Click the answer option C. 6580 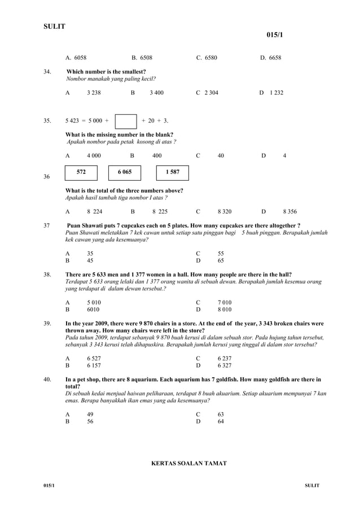pyautogui.click(x=207, y=58)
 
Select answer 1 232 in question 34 pyautogui.click(x=276, y=93)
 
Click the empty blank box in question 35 pyautogui.click(x=126, y=121)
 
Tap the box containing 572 pyautogui.click(x=81, y=172)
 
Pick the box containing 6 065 pyautogui.click(x=125, y=172)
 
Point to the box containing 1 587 pyautogui.click(x=172, y=172)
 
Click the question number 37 pyautogui.click(x=47, y=225)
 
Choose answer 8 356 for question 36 pyautogui.click(x=289, y=212)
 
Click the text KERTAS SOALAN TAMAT pyautogui.click(x=189, y=463)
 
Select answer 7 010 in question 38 pyautogui.click(x=224, y=302)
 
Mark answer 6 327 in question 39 pyautogui.click(x=224, y=365)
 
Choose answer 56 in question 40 pyautogui.click(x=90, y=421)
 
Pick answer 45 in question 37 pyautogui.click(x=90, y=261)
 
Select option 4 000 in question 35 pyautogui.click(x=94, y=155)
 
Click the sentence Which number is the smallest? pyautogui.click(x=106, y=72)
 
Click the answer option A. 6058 pyautogui.click(x=76, y=58)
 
